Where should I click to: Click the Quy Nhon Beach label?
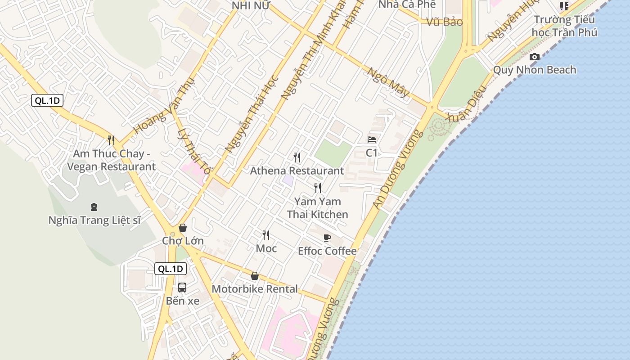(x=535, y=70)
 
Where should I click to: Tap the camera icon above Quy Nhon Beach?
(x=535, y=57)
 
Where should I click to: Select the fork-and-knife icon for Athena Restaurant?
(x=297, y=157)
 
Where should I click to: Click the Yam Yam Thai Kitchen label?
(x=318, y=208)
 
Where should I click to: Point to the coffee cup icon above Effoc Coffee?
(x=327, y=238)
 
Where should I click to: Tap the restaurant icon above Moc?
(x=266, y=235)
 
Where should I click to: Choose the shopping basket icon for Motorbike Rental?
(x=255, y=276)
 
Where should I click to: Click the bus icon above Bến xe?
(x=182, y=287)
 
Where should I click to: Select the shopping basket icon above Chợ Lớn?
(x=183, y=228)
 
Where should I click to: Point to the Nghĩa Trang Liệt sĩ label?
(x=94, y=220)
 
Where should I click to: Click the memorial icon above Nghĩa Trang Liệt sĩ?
(x=94, y=207)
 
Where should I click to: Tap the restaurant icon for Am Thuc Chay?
(x=111, y=140)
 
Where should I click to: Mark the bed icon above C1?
(x=372, y=139)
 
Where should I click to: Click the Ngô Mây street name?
(x=388, y=82)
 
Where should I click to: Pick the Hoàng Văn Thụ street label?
(x=164, y=105)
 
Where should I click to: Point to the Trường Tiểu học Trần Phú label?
(x=564, y=26)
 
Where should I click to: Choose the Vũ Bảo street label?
(x=445, y=22)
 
